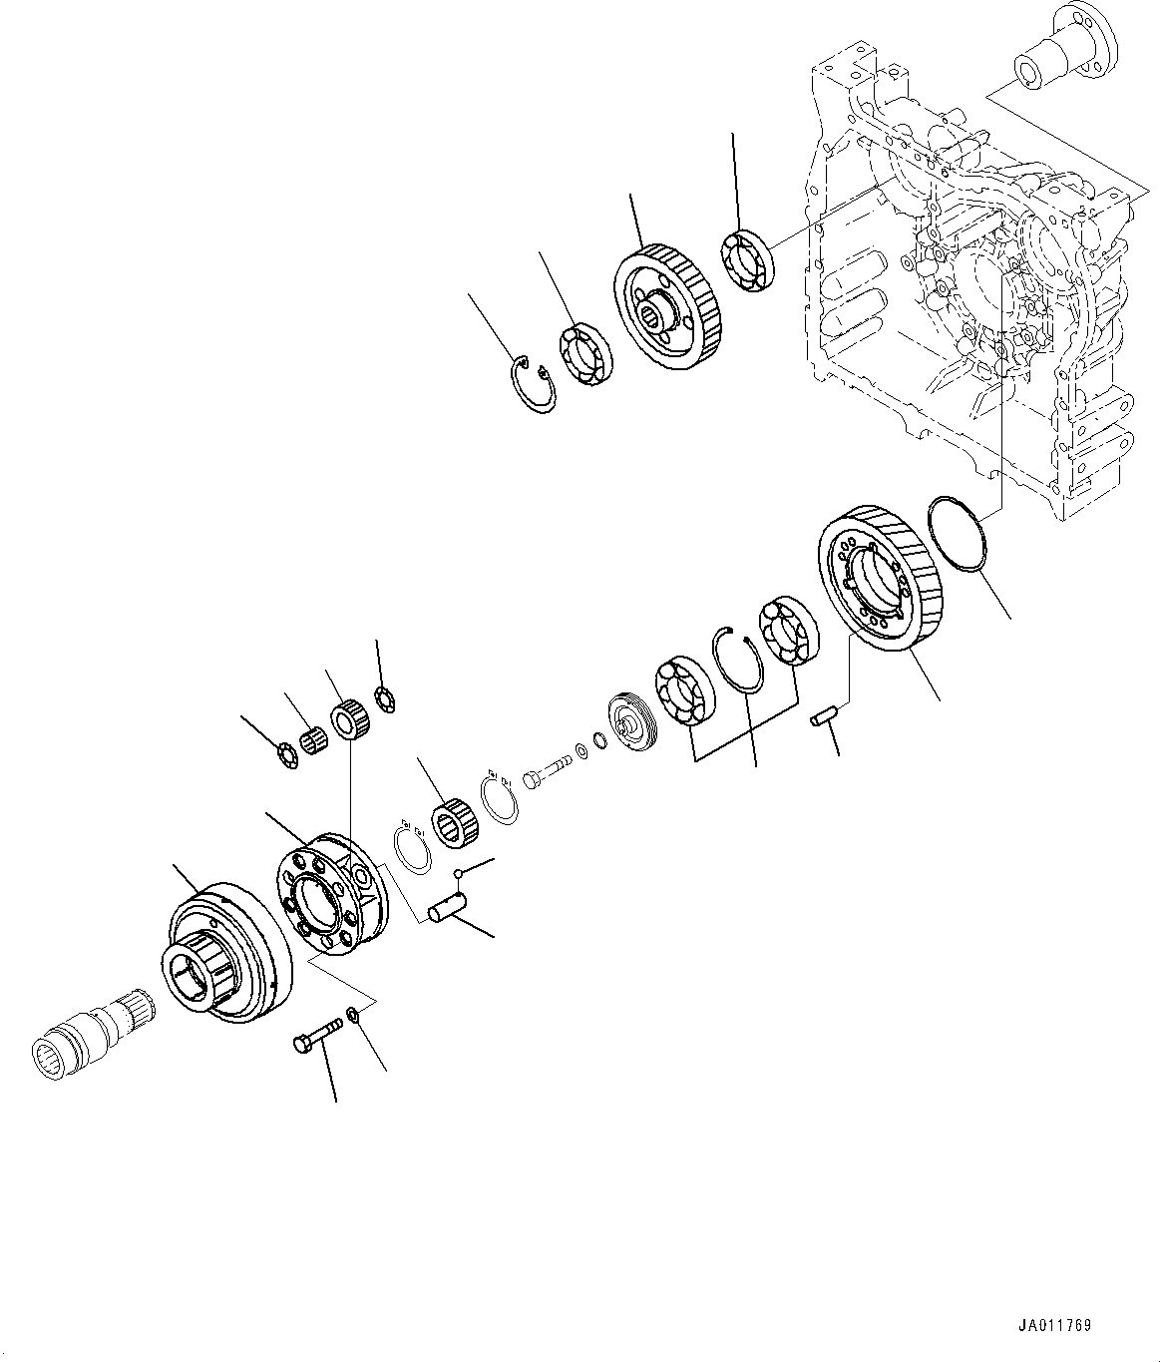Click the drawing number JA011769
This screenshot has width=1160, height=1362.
coord(1054,1326)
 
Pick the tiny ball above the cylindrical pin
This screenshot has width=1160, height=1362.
coord(460,875)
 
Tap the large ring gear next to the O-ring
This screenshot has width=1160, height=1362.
coord(876,579)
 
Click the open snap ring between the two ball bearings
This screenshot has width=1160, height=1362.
coord(743,658)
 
